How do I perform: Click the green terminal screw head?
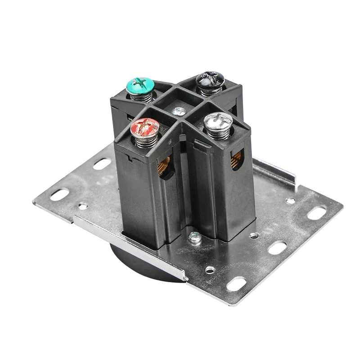click(140, 84)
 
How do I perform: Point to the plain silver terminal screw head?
click(218, 121)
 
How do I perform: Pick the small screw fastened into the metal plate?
click(195, 237)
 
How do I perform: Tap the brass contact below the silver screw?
click(236, 159)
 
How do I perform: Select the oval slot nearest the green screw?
click(102, 163)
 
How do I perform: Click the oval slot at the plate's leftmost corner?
click(59, 194)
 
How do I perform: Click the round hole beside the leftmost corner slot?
click(83, 206)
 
